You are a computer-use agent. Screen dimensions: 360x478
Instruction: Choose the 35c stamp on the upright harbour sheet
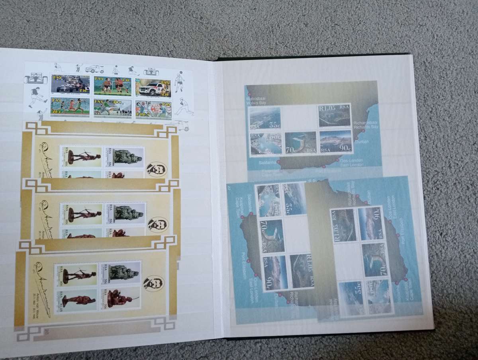click(265, 118)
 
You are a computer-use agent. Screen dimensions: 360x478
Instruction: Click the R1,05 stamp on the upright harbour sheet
click(335, 115)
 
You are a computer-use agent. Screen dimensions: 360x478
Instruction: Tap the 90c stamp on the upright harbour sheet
click(335, 142)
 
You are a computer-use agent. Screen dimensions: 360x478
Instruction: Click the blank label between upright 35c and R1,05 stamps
click(300, 117)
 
